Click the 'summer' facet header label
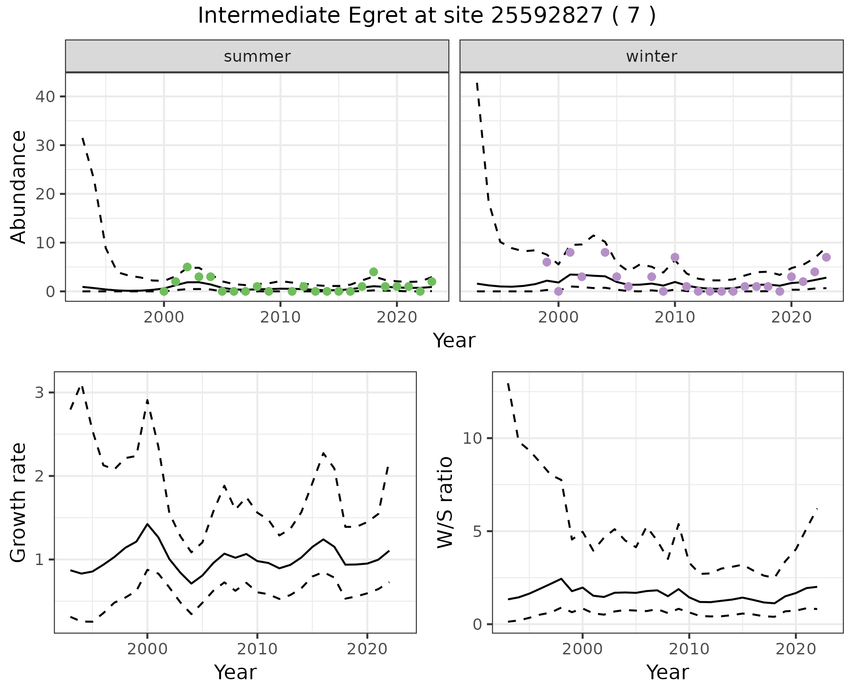[x=257, y=56]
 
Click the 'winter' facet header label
[x=651, y=56]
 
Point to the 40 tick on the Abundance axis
[x=44, y=96]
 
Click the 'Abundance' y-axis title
[x=19, y=187]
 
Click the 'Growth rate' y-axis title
[x=19, y=502]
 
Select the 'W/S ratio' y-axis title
[x=445, y=502]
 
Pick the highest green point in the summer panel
[x=187, y=267]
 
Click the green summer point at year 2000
[x=164, y=291]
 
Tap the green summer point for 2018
[x=374, y=272]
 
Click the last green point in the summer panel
[x=432, y=282]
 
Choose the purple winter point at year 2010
[x=675, y=257]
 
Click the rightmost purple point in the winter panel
[x=826, y=257]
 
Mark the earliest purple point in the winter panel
[x=547, y=262]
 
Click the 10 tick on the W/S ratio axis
[x=472, y=438]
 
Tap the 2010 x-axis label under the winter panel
[x=675, y=317]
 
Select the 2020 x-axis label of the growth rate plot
[x=367, y=649]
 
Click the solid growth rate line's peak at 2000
[x=147, y=524]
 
